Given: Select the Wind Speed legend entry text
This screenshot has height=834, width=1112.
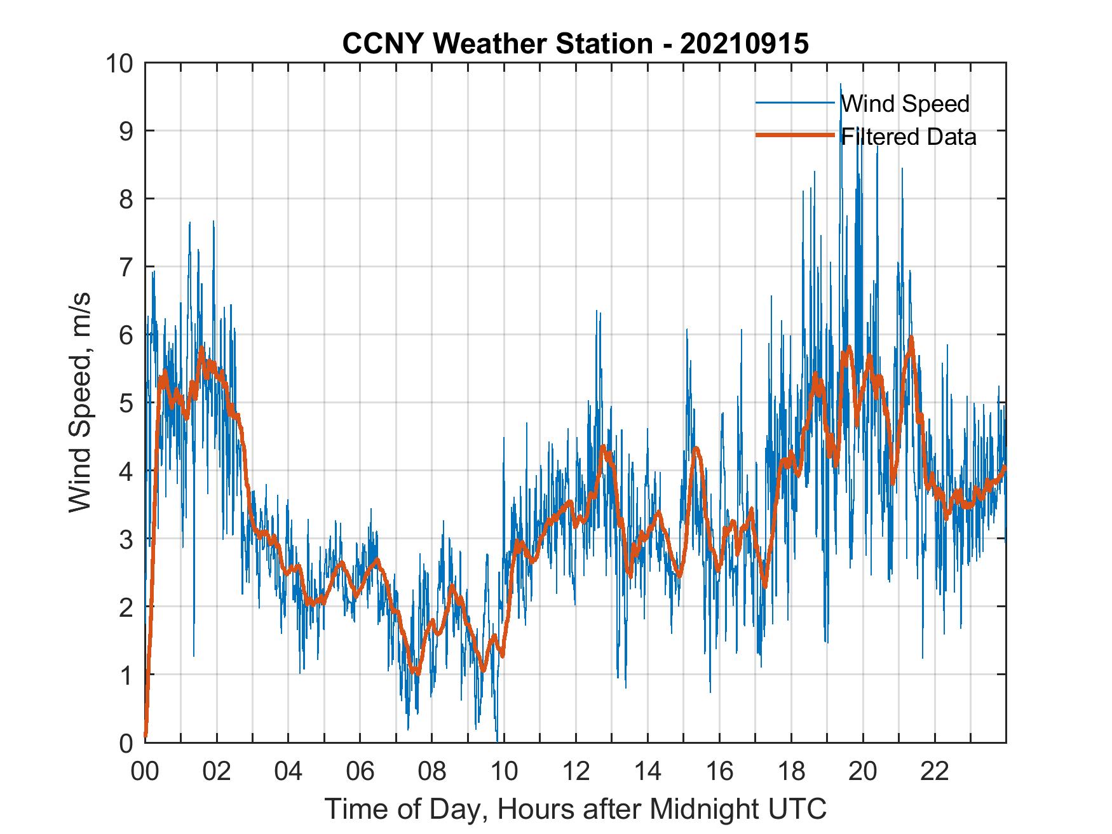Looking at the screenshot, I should pos(905,104).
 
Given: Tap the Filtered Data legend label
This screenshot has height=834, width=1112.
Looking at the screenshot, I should pos(908,137).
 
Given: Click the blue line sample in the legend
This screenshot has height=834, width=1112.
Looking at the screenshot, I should pos(794,103).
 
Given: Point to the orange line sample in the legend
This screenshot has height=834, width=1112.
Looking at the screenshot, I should pos(794,135).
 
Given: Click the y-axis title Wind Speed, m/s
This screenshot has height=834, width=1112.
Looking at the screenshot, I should pos(81,402).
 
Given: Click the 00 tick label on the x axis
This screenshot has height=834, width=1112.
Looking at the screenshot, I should pos(145,772).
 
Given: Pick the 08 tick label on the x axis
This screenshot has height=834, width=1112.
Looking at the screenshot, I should pos(432,772).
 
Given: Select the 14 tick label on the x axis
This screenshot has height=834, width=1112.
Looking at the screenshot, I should pos(648,772).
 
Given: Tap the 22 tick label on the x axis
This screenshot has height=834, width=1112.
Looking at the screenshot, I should pos(935,772).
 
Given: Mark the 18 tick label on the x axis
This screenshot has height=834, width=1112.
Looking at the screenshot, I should pos(791,772).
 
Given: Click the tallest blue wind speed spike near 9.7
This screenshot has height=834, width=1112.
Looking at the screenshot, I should pos(841,85).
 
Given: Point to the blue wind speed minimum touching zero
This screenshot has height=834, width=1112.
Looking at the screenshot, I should pos(498,740).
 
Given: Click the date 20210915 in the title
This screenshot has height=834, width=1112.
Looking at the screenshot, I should pos(745,44).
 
